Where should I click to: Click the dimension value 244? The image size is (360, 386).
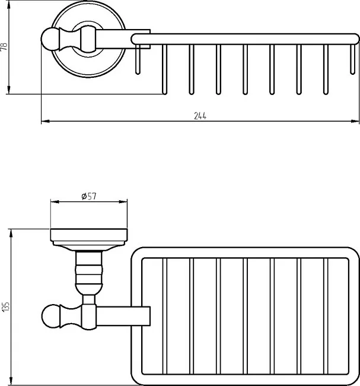[200, 116]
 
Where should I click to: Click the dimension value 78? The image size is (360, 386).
[4, 47]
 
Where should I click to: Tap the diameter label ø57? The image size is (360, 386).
[89, 196]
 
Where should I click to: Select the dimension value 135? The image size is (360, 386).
[5, 307]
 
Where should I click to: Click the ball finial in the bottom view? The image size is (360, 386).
[51, 316]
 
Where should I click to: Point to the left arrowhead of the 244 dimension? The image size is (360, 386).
[45, 121]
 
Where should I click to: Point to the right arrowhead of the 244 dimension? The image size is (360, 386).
[355, 121]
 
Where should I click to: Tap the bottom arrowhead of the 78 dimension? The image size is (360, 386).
[9, 90]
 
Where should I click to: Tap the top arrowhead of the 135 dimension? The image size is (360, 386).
[11, 233]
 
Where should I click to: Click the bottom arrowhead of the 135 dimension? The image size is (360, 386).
[11, 381]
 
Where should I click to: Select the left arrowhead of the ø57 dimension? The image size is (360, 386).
[55, 202]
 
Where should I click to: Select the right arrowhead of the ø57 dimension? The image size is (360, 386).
[123, 202]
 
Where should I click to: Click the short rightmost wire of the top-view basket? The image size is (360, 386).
[353, 59]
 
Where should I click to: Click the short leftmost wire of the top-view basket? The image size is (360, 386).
[138, 59]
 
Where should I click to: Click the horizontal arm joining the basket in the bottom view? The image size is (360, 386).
[123, 317]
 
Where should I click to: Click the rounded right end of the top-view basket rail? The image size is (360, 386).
[355, 39]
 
